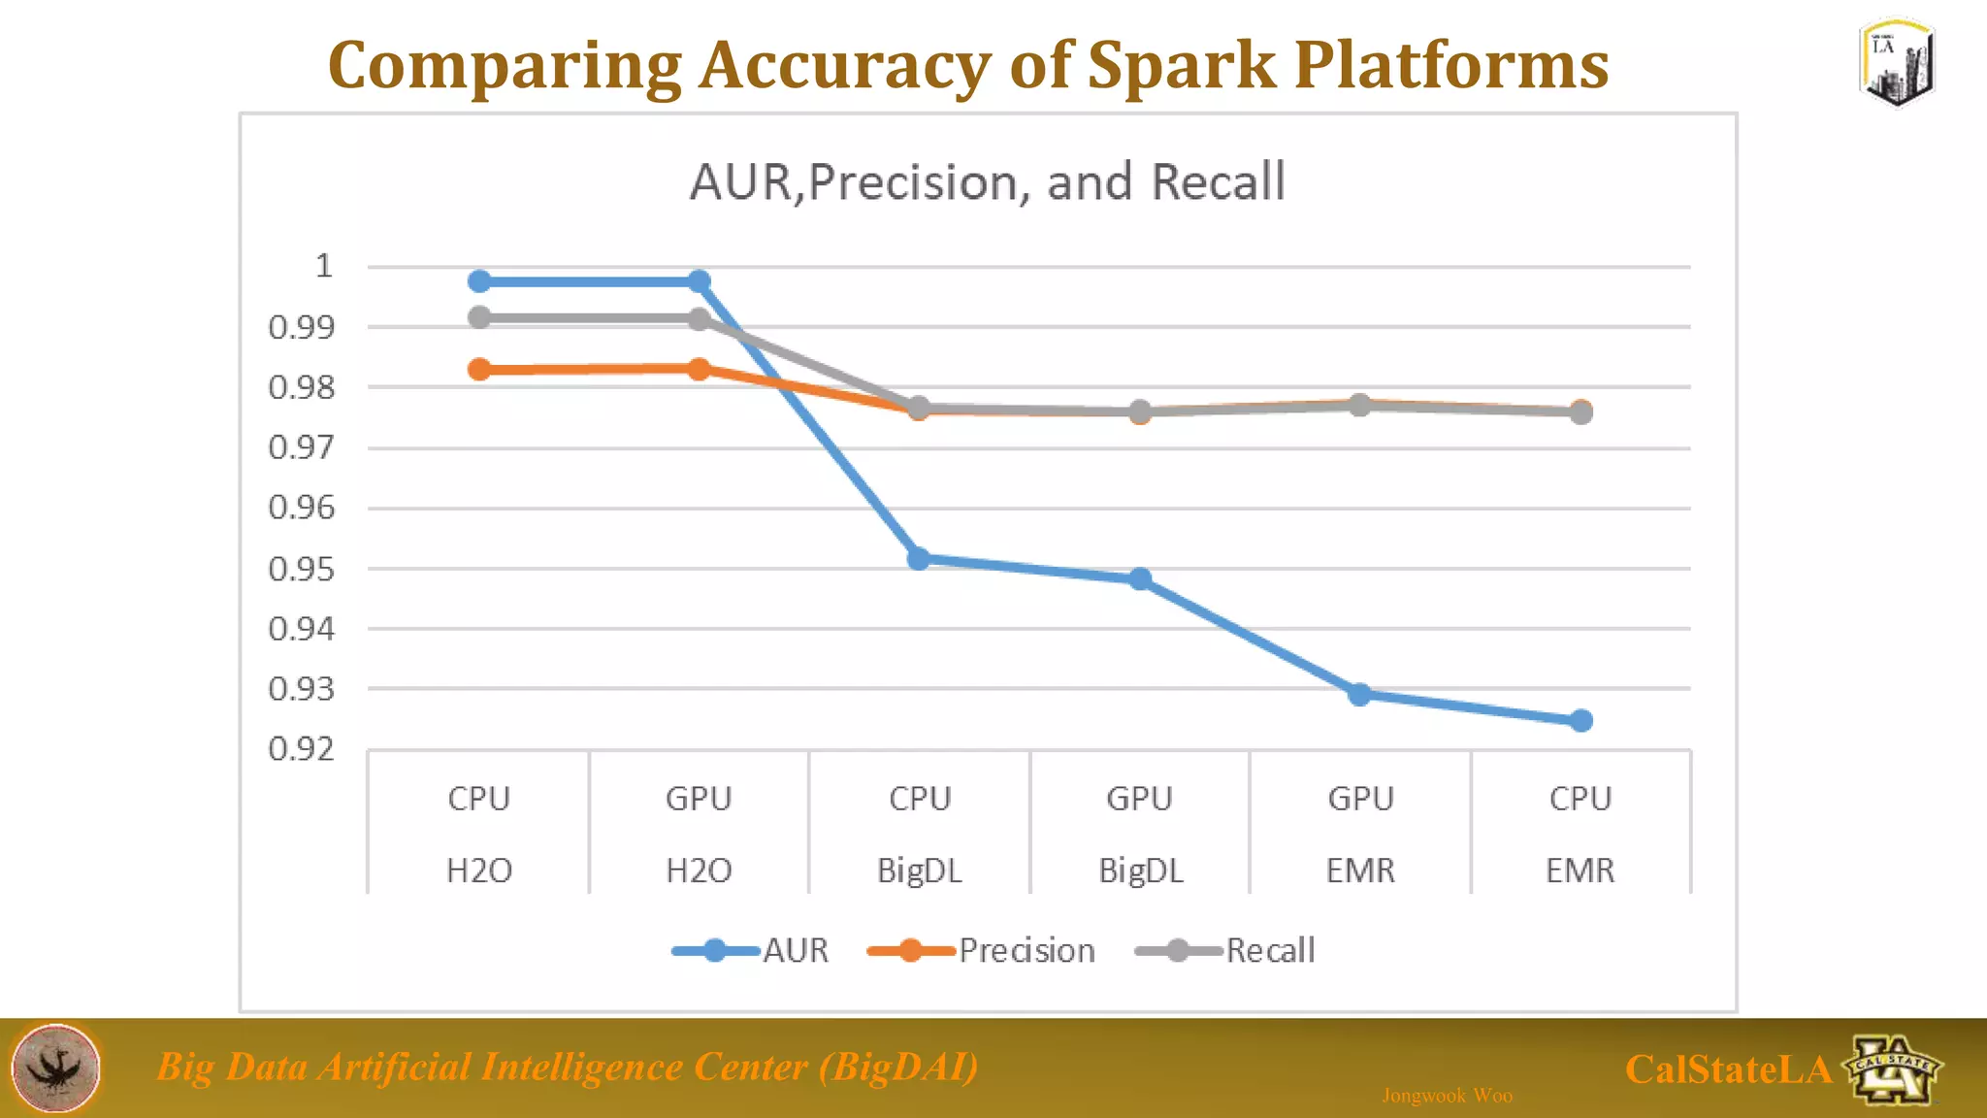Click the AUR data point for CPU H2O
click(479, 281)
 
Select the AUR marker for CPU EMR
click(1580, 720)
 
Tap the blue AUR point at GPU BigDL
click(1140, 579)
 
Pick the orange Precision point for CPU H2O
click(479, 370)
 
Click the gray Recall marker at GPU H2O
click(699, 318)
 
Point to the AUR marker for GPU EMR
click(1359, 694)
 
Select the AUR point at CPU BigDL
click(919, 559)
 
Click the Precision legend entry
click(1026, 950)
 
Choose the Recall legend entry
click(1269, 950)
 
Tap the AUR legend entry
click(795, 950)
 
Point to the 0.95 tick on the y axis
click(301, 569)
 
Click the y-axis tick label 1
click(323, 266)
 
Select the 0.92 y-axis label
click(301, 748)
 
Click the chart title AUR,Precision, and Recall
click(987, 182)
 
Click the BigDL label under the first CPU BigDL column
click(919, 871)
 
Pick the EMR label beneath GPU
click(1359, 871)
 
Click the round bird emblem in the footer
click(55, 1068)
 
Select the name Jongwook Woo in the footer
click(1447, 1096)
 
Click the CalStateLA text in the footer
click(1727, 1069)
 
